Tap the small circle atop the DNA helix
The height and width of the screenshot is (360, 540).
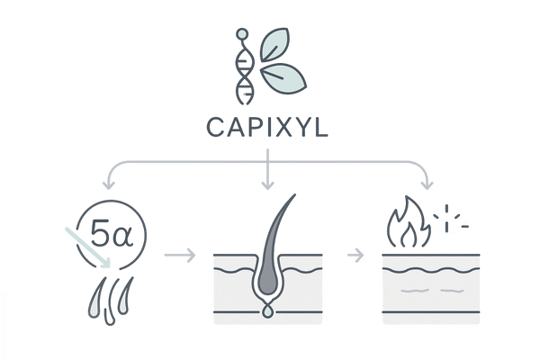click(x=240, y=34)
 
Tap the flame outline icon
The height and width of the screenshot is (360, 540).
click(x=403, y=227)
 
